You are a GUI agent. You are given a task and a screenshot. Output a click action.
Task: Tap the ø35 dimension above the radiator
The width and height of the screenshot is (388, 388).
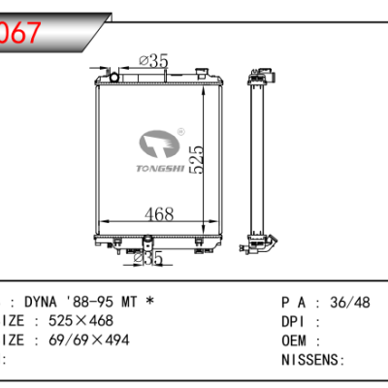[154, 61]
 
